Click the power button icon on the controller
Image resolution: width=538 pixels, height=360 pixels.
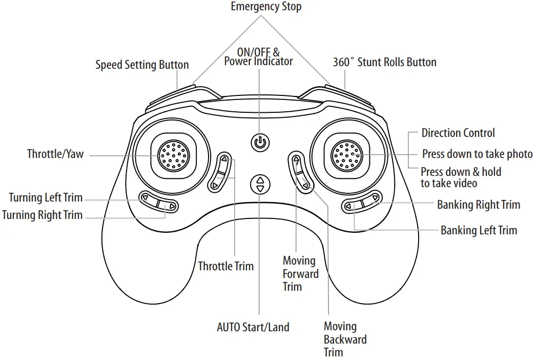260,142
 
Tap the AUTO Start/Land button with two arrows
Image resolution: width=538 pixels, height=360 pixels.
260,184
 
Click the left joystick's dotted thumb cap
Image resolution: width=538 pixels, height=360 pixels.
173,155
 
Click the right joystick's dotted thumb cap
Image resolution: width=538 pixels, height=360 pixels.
347,154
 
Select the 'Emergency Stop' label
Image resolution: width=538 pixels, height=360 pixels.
266,7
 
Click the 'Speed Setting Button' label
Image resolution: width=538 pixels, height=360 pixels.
142,65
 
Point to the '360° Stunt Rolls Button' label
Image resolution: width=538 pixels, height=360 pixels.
384,63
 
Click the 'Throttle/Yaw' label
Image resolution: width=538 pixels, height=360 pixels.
55,154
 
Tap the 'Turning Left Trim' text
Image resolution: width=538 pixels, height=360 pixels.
46,197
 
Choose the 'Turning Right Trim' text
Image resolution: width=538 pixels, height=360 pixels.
43,215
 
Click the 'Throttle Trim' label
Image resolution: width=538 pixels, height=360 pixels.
226,266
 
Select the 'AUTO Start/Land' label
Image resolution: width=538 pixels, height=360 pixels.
253,327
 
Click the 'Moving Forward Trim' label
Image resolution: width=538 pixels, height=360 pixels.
300,273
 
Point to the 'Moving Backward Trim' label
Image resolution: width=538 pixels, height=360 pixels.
345,339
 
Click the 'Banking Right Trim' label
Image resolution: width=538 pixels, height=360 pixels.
478,205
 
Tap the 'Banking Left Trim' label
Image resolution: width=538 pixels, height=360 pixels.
479,230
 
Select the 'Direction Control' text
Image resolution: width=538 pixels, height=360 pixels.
458,133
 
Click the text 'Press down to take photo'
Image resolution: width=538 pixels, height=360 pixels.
477,154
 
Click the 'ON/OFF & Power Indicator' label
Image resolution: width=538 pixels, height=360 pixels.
258,56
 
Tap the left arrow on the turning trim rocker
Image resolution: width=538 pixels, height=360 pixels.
145,197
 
